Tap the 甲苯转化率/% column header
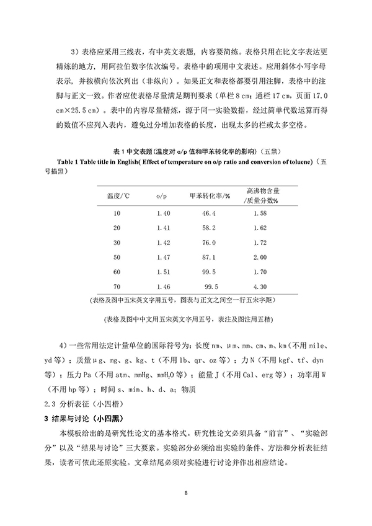click(x=210, y=195)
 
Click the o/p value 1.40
click(x=164, y=213)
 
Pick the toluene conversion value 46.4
click(x=209, y=213)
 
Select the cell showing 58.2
click(x=209, y=228)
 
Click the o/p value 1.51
click(x=164, y=272)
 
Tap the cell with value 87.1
click(x=209, y=257)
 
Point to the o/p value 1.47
click(x=164, y=257)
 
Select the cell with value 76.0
click(x=209, y=243)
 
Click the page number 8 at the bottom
click(x=185, y=493)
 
